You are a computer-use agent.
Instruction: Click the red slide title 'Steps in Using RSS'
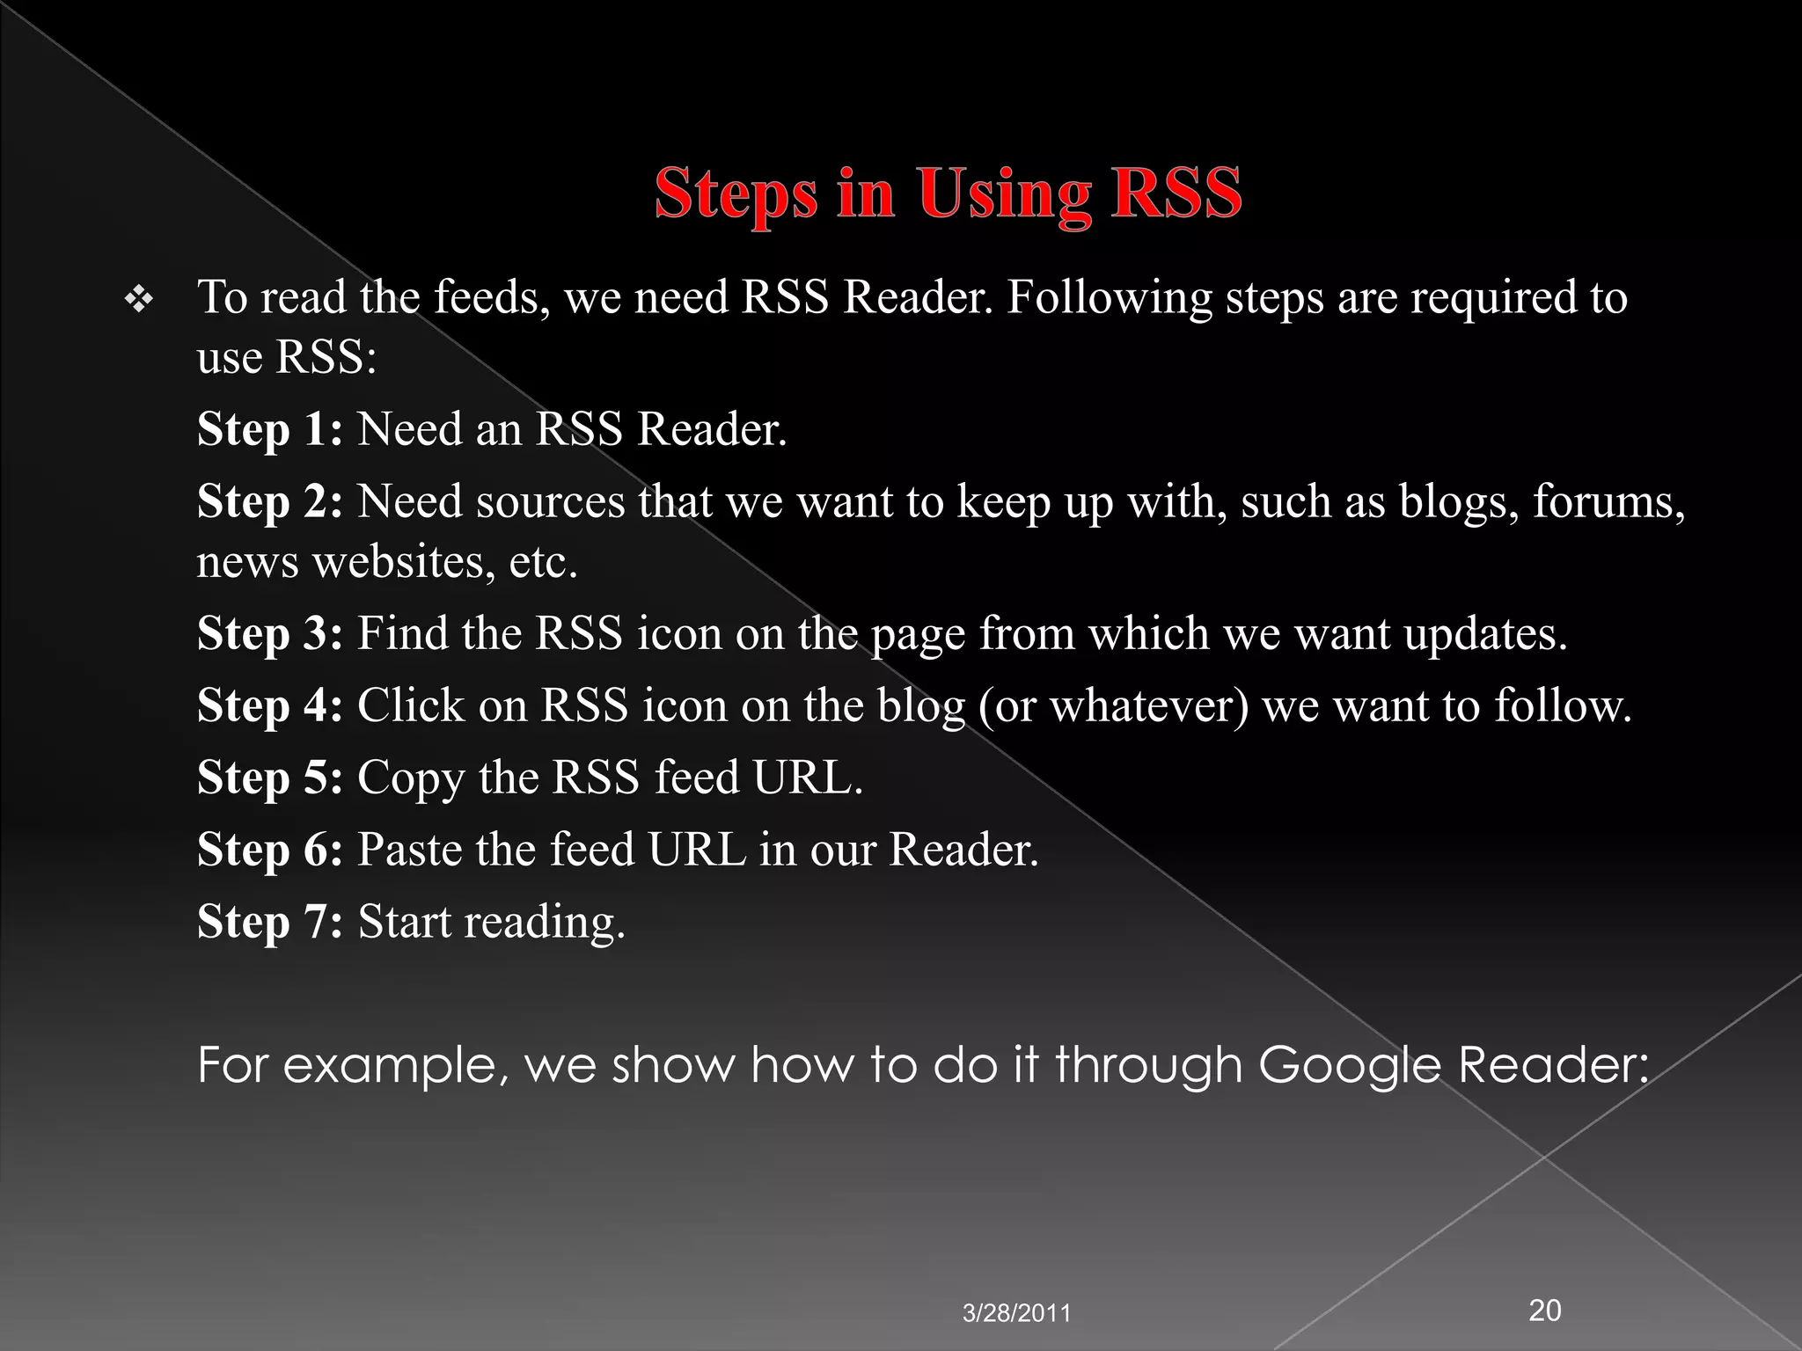pyautogui.click(x=948, y=194)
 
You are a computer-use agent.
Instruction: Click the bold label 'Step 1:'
pyautogui.click(x=269, y=430)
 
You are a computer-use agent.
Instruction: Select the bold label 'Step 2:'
pyautogui.click(x=269, y=502)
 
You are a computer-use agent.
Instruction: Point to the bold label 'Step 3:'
pyautogui.click(x=269, y=633)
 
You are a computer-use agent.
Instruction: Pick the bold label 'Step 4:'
pyautogui.click(x=269, y=705)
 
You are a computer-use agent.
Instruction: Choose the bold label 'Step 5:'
pyautogui.click(x=269, y=778)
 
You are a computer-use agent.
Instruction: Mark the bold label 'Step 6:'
pyautogui.click(x=269, y=850)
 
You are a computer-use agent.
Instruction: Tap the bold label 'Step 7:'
pyautogui.click(x=269, y=922)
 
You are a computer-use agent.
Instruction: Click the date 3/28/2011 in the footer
pyautogui.click(x=1016, y=1314)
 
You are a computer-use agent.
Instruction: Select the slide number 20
pyautogui.click(x=1545, y=1310)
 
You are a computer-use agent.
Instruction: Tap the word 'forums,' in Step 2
pyautogui.click(x=1609, y=502)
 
